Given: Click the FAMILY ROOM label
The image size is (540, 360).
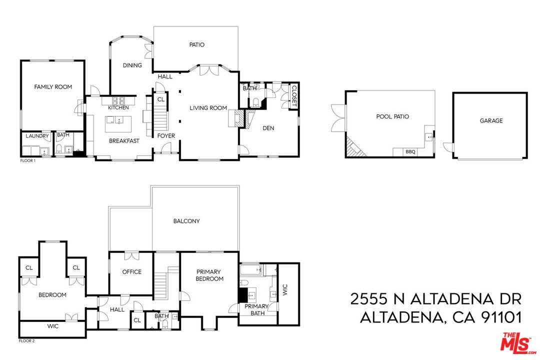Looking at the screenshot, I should (x=53, y=87).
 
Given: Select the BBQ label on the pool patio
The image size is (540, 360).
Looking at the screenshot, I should (x=410, y=151).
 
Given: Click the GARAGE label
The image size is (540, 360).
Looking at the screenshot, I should (x=491, y=120).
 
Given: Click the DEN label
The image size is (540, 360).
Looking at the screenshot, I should (x=268, y=128).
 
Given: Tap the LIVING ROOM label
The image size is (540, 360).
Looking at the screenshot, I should (x=208, y=108).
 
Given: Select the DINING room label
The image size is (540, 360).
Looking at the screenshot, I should (x=132, y=65).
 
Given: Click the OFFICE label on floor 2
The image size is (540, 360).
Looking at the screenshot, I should (x=132, y=272).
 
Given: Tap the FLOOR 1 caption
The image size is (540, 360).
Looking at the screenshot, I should (x=27, y=161).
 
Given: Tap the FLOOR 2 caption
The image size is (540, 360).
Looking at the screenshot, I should (x=27, y=341).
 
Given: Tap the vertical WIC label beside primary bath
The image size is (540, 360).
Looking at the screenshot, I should (x=285, y=290).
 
